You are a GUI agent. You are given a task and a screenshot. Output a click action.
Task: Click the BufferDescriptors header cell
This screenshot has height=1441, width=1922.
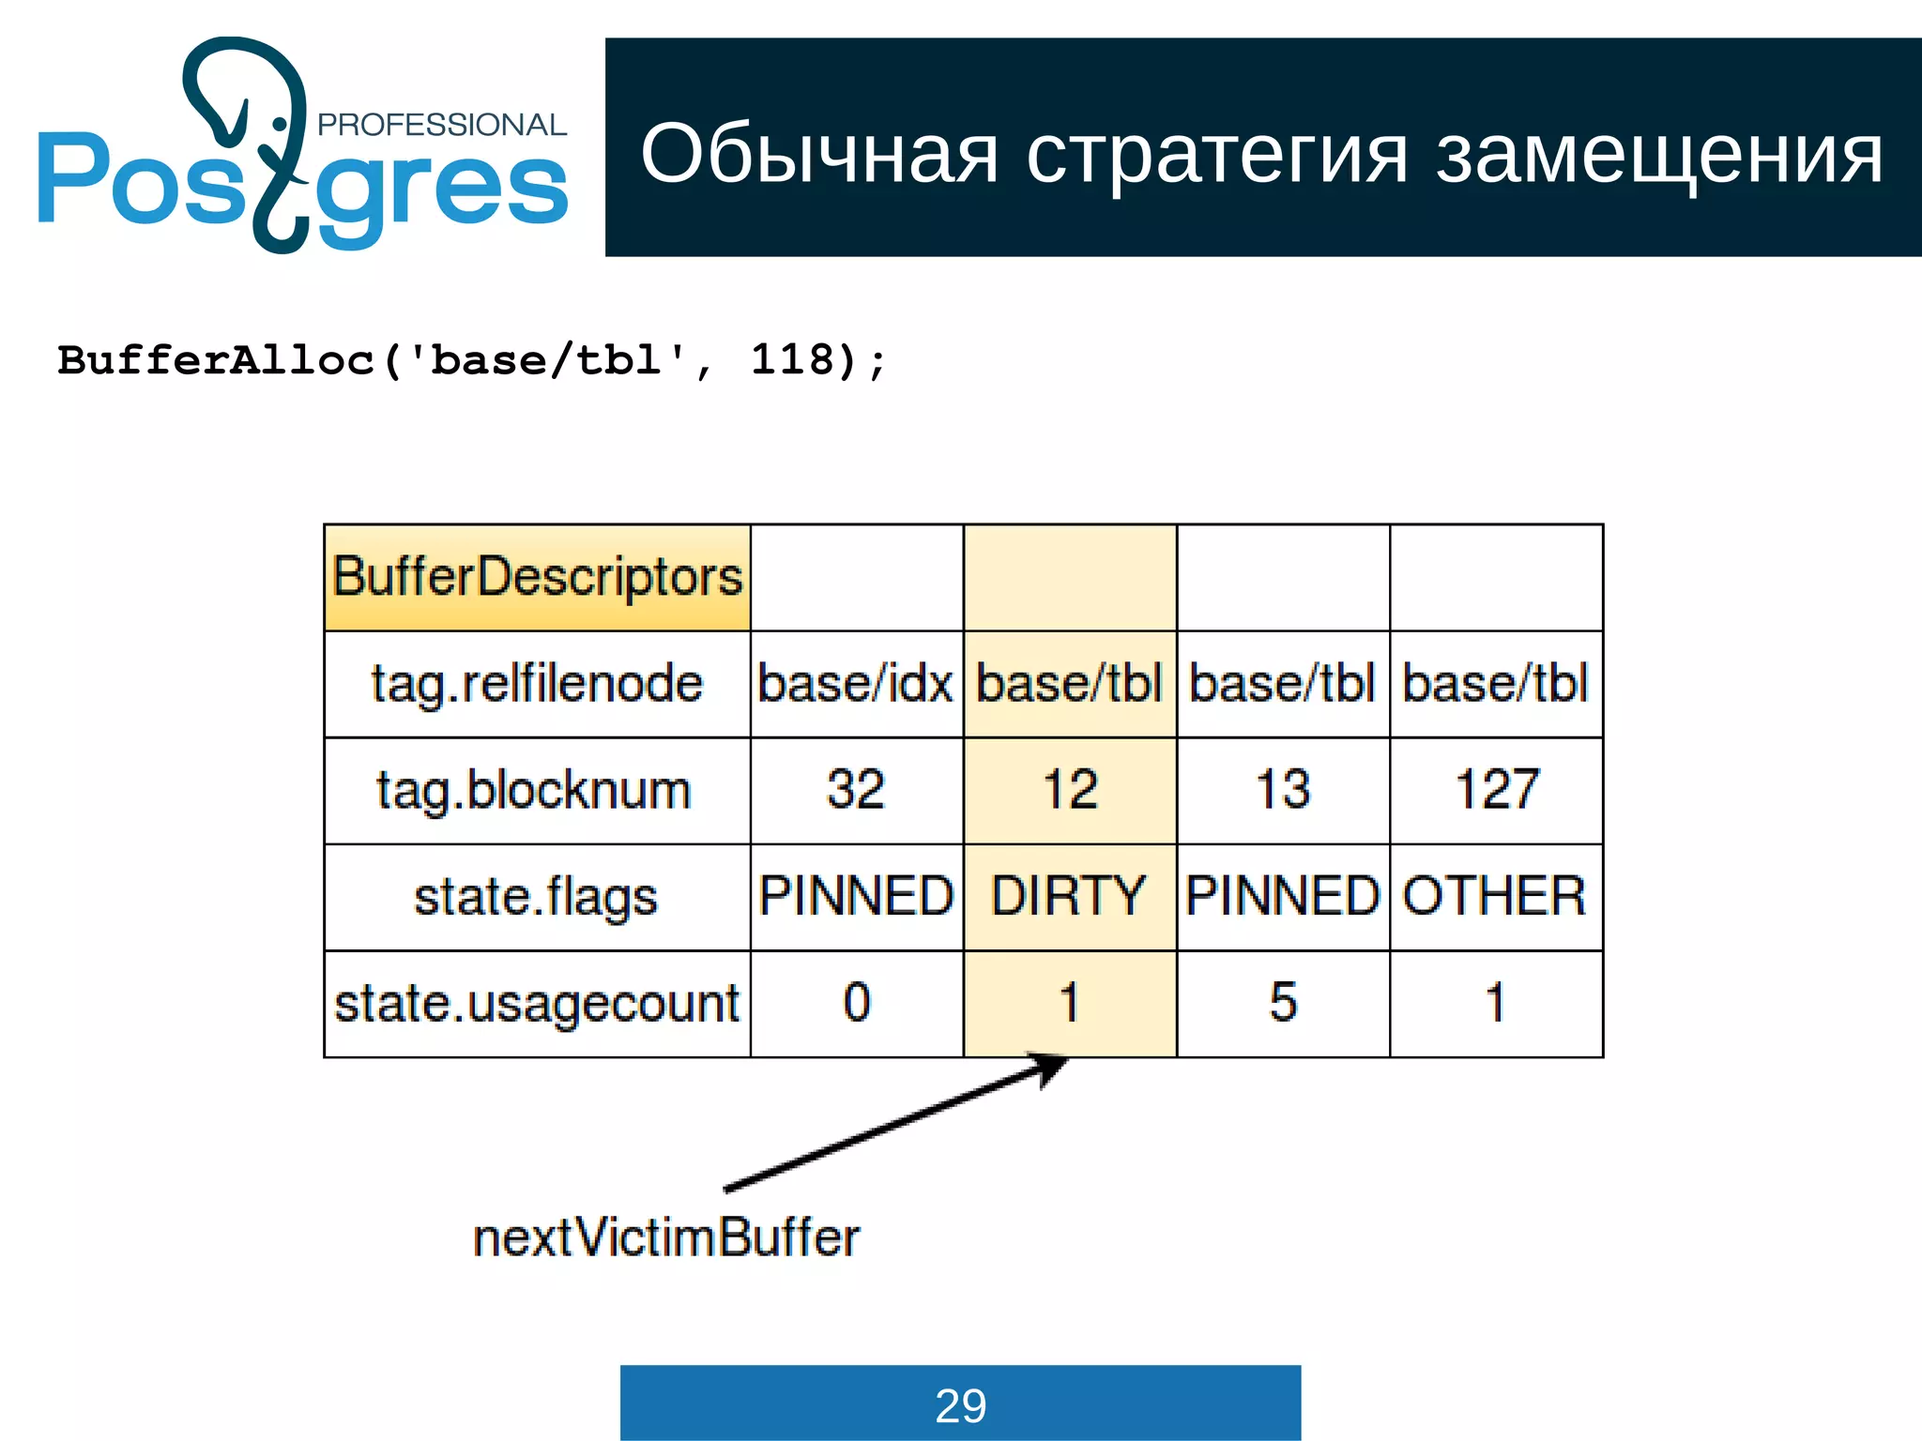pos(537,577)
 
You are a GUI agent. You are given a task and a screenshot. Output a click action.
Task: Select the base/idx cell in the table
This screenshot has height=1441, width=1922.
pos(856,683)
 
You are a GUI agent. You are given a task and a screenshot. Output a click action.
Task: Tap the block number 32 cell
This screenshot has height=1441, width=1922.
pos(856,790)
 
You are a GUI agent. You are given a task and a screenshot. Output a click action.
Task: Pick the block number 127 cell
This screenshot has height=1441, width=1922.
pos(1496,790)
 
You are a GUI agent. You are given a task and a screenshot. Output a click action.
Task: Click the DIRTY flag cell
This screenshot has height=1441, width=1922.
pos(1069,896)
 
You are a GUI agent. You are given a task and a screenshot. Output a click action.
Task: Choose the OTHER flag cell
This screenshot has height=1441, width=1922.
pos(1496,896)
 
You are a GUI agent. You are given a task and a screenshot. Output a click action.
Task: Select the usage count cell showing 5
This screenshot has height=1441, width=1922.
pos(1283,1003)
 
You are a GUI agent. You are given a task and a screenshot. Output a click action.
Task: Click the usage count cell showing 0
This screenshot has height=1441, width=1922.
pos(856,1003)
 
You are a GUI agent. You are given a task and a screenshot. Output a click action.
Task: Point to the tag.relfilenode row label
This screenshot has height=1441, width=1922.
pos(537,683)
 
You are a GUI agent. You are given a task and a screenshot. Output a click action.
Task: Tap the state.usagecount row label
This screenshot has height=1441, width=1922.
pos(537,1003)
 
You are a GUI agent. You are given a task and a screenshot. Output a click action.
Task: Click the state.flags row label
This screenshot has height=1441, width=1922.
pos(537,896)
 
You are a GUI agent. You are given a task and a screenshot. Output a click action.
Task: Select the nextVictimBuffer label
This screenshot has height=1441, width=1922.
pos(665,1237)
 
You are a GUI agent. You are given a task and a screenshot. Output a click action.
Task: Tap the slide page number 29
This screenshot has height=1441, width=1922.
pos(960,1405)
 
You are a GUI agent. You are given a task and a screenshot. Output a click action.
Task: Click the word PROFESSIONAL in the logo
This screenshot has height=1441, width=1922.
pos(441,125)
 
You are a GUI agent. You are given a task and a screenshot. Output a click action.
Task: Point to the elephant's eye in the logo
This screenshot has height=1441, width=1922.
pos(280,123)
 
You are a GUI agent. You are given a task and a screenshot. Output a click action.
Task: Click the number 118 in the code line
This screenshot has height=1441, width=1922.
pos(792,360)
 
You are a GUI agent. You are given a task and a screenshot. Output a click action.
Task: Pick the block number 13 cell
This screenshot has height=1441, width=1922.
pos(1283,790)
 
